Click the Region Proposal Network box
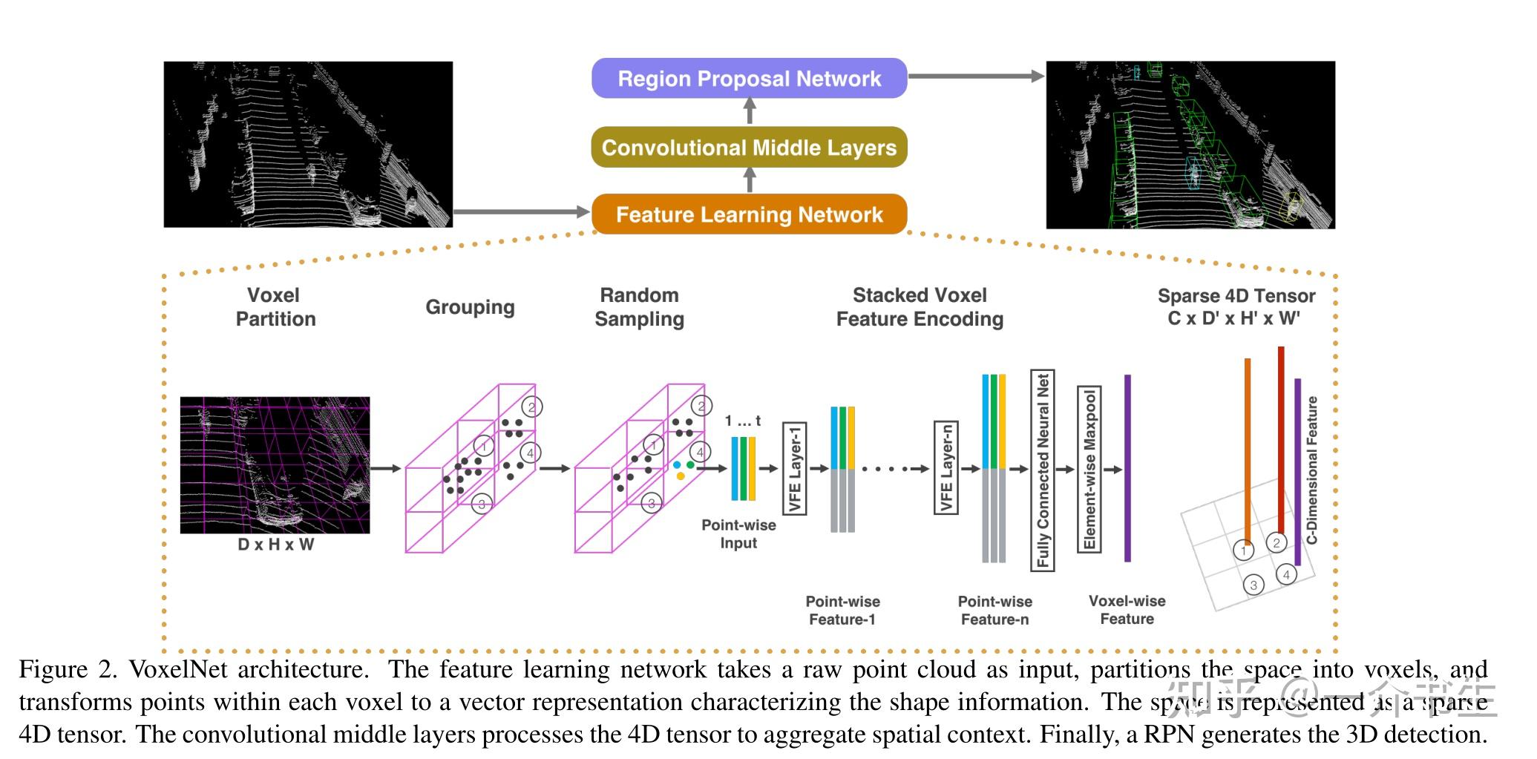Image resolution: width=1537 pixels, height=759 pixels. coord(749,78)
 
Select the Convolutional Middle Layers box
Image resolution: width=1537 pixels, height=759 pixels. coord(749,147)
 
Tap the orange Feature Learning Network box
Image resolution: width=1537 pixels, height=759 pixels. coord(749,214)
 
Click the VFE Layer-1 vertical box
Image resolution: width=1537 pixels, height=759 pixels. coord(794,468)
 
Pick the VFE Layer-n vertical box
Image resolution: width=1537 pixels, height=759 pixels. coord(946,467)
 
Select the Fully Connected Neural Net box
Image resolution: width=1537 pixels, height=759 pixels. coord(1043,470)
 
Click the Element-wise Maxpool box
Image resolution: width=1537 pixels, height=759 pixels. coord(1089,469)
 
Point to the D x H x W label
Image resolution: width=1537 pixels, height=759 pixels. coord(275,545)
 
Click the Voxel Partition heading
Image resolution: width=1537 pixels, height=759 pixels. coord(275,307)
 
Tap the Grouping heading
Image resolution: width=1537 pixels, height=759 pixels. coord(470,307)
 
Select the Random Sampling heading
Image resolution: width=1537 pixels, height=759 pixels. coord(639,307)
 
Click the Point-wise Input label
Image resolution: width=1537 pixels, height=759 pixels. coord(738,533)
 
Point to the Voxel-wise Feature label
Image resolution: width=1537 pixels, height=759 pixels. coord(1127,610)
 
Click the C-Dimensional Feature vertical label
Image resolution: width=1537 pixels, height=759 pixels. coord(1311,470)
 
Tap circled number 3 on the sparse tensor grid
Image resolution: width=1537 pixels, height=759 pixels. coord(1253,585)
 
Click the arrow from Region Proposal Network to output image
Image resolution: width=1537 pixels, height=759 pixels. coord(975,76)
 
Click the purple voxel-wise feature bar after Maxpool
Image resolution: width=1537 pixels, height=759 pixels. coord(1127,468)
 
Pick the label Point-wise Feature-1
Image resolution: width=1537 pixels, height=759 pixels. coord(842,610)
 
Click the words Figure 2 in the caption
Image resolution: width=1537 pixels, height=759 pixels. coord(68,669)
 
